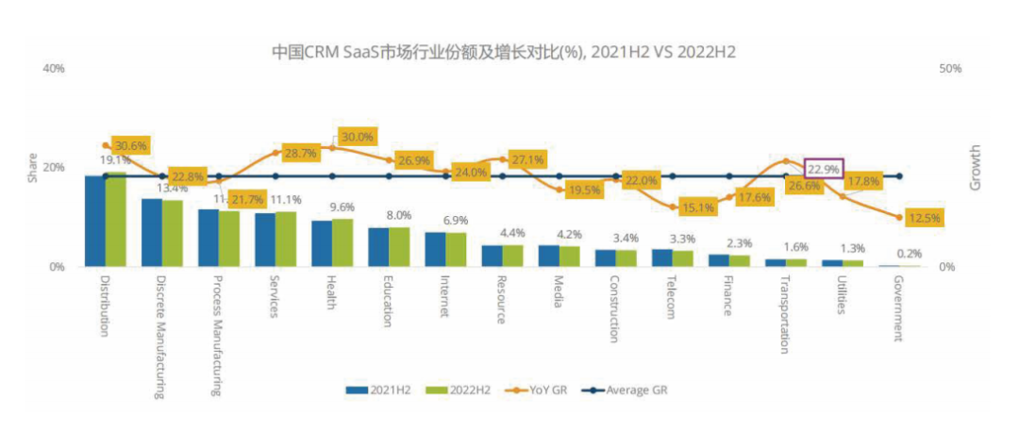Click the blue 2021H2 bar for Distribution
coord(94,221)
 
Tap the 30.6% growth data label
coord(131,146)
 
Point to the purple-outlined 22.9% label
coord(824,169)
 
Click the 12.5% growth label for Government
coord(925,218)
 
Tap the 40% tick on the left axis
coord(53,69)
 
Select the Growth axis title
coord(976,169)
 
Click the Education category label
coord(387,301)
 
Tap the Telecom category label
coord(671,298)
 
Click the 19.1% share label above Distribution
coord(115,160)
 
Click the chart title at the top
coord(503,52)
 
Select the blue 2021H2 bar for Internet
coord(434,249)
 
